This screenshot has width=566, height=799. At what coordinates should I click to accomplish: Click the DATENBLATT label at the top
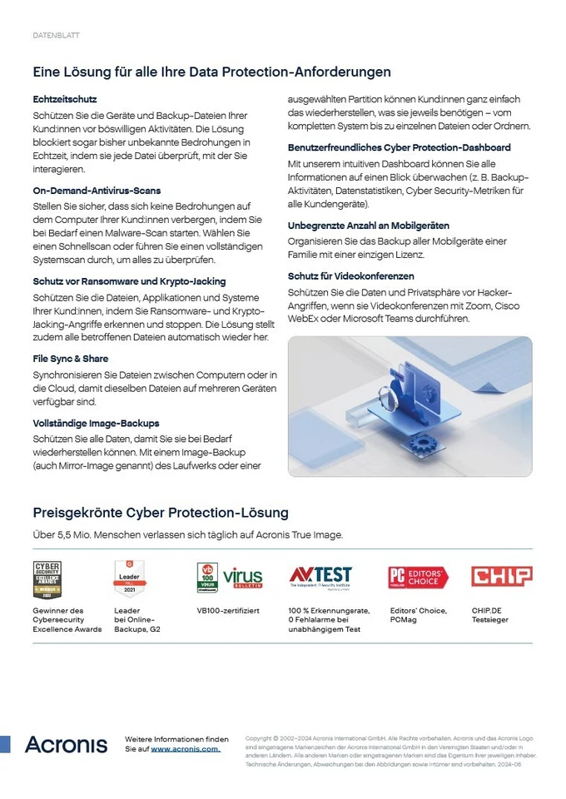point(56,36)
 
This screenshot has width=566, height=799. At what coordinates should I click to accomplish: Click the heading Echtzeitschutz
point(65,99)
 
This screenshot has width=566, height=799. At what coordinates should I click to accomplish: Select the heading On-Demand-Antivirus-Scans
point(97,191)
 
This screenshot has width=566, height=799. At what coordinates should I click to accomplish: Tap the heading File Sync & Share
point(70,358)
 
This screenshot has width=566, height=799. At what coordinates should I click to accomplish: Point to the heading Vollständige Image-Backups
point(96,423)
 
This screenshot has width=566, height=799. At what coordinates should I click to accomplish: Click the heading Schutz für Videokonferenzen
point(350,275)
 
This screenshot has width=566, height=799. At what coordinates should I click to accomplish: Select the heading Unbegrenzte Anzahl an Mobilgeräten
point(369,226)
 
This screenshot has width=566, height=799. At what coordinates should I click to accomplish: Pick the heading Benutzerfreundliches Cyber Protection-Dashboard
point(400,147)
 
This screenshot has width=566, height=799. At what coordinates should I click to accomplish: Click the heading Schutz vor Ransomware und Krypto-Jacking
point(129,281)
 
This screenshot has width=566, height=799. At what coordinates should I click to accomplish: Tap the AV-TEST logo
point(320,576)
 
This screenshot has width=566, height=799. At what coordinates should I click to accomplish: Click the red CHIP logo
point(502,576)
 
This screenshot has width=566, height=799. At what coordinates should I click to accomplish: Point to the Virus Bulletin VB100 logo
point(230,578)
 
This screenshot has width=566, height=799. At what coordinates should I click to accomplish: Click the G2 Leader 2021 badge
point(130,578)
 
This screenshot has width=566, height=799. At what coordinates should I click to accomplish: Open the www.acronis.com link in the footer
point(185,749)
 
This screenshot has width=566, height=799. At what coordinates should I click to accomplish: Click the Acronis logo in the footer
point(66,744)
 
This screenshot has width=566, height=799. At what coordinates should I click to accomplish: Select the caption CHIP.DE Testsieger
point(490,615)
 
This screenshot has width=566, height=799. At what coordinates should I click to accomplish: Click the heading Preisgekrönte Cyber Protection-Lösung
point(161,512)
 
